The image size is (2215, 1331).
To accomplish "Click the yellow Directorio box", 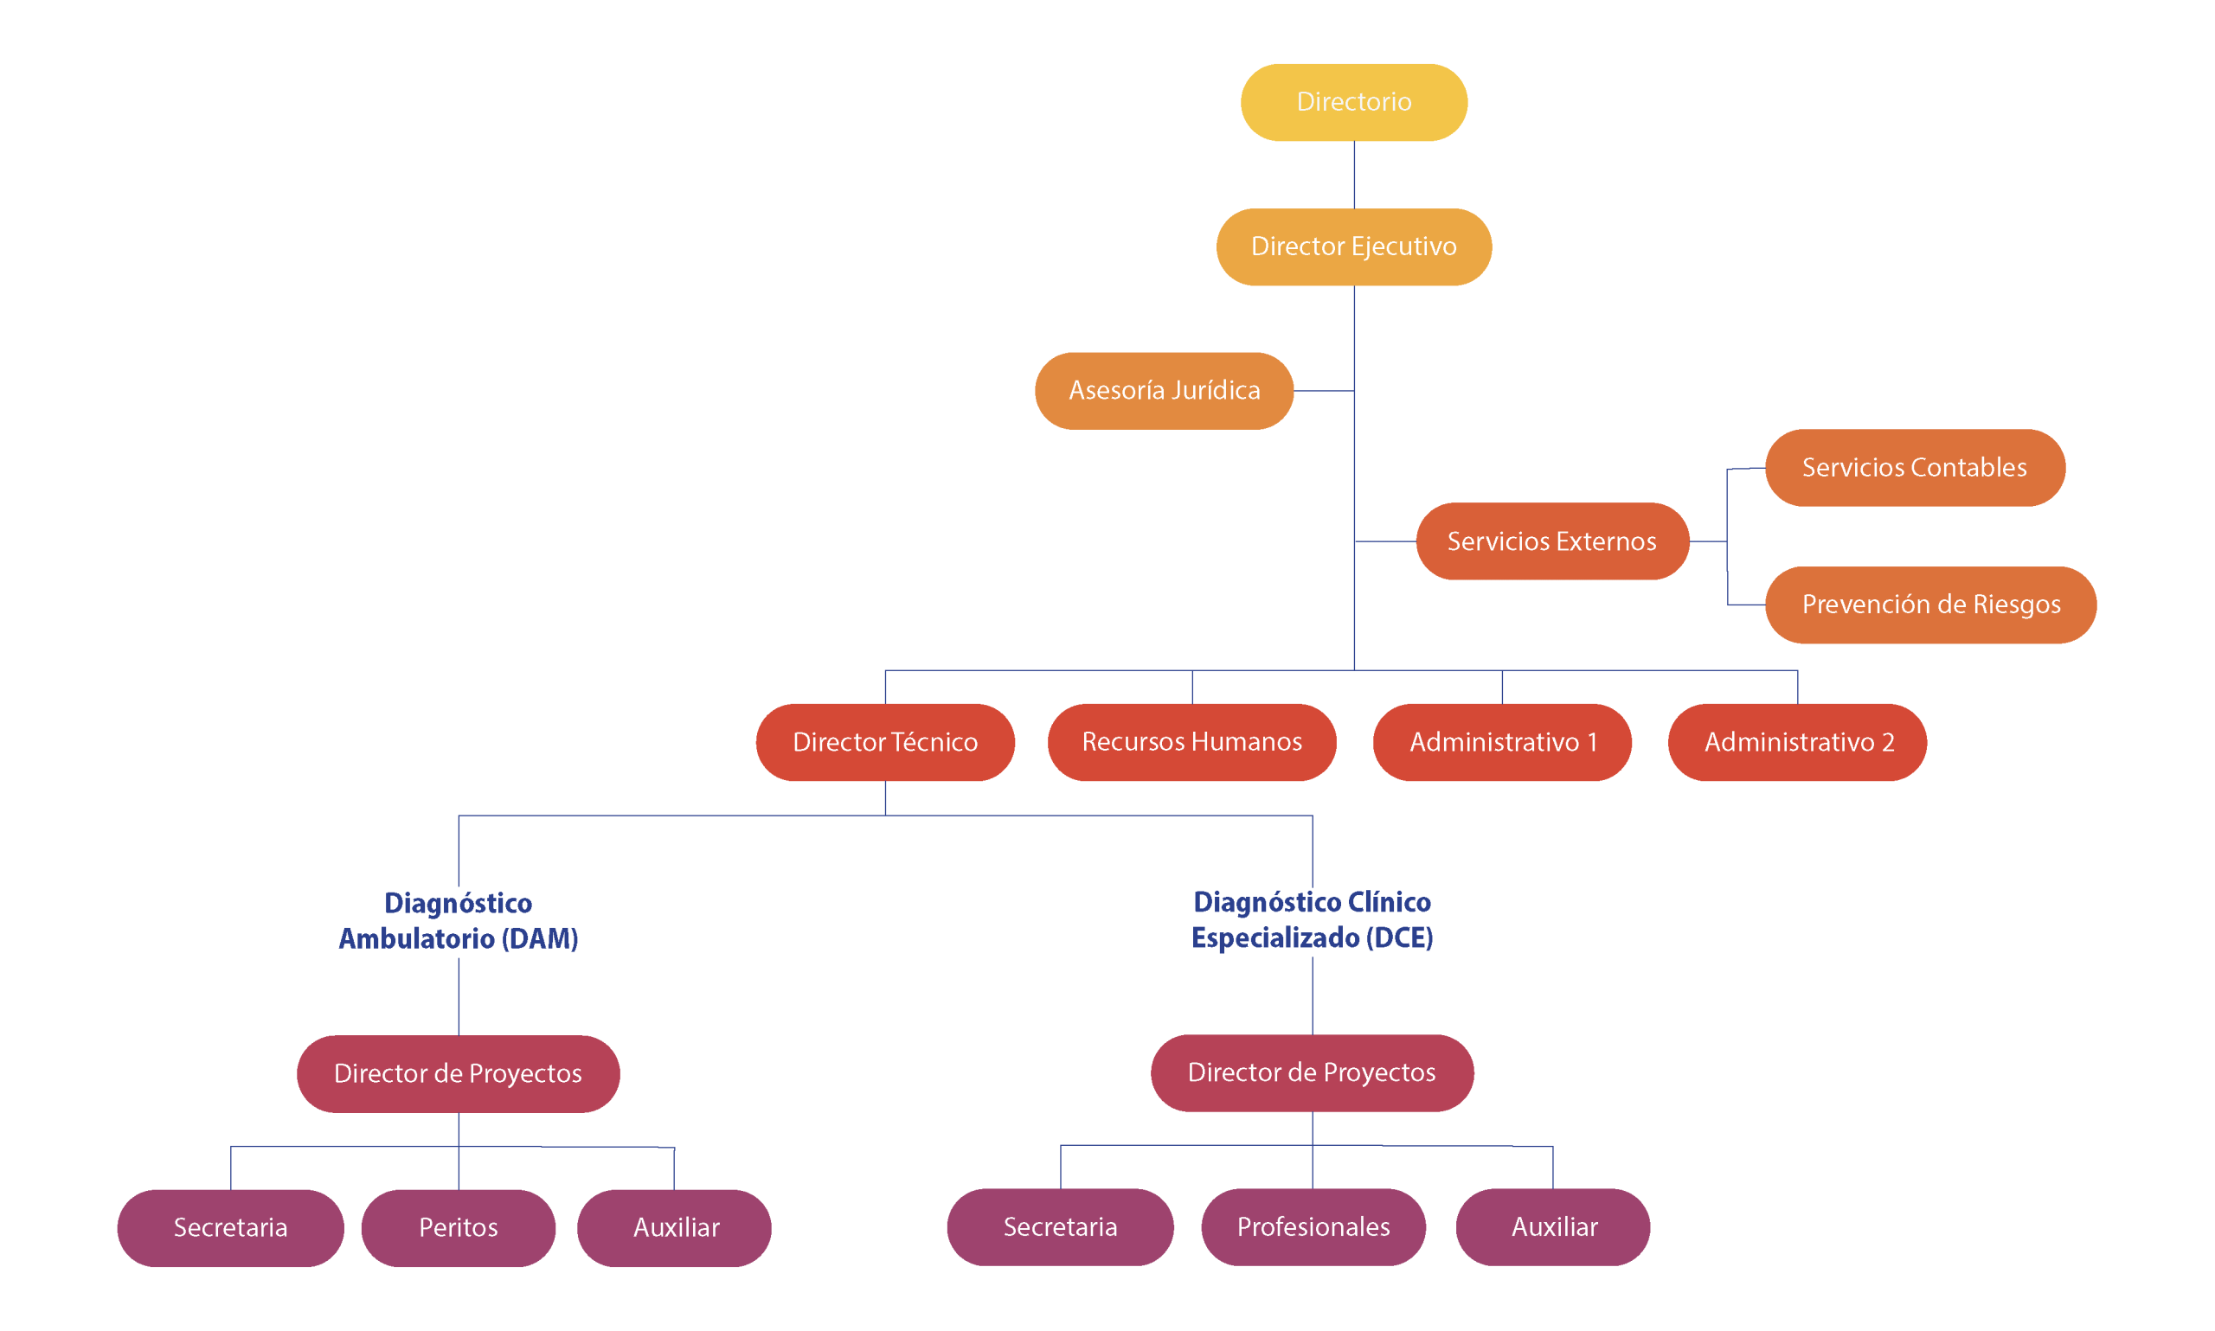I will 1353,102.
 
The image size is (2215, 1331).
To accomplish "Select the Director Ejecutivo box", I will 1353,246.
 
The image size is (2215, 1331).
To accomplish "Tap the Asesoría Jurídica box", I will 1164,391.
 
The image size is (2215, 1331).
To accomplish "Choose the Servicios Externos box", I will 1551,541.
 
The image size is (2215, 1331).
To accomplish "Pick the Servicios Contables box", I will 1914,468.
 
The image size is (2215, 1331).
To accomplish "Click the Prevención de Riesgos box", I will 1929,605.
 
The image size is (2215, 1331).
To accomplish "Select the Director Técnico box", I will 884,743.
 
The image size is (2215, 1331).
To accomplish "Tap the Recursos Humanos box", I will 1191,743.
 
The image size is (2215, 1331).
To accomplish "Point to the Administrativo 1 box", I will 1501,743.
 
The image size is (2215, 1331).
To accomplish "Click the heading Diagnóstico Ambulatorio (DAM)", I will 459,920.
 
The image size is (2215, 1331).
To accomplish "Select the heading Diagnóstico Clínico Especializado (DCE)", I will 1312,919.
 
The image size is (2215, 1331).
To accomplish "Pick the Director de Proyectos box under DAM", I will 458,1073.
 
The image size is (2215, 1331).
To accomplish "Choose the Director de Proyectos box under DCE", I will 1312,1072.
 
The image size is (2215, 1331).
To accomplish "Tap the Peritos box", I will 458,1228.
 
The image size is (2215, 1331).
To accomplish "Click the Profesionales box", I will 1313,1227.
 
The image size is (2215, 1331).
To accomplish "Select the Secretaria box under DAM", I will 229,1228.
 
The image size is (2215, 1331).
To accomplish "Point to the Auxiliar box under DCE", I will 1553,1227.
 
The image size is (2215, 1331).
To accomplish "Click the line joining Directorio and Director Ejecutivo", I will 1354,175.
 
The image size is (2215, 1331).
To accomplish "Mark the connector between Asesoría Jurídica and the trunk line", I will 1323,391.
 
